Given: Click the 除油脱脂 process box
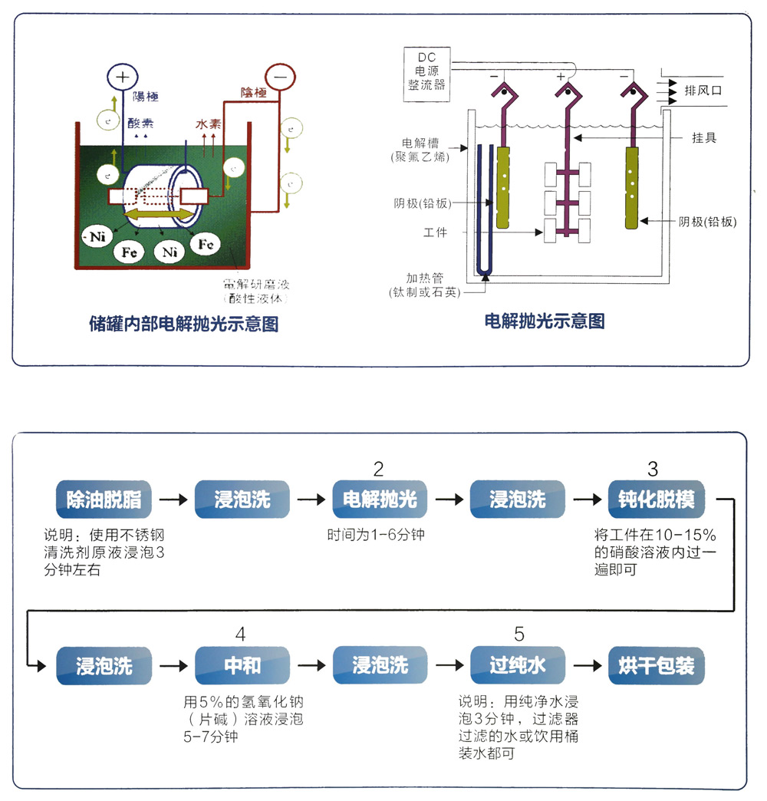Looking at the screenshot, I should [x=104, y=499].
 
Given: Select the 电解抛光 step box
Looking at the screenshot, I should [x=380, y=499].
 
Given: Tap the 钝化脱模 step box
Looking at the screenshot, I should [x=656, y=499].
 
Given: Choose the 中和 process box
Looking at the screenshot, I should [x=242, y=665].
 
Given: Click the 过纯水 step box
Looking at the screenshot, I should [x=518, y=665].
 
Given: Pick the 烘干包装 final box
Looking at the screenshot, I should [x=656, y=665].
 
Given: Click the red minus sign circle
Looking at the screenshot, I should [x=280, y=77].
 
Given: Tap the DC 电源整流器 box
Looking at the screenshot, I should [x=426, y=75].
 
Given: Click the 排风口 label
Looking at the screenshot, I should [x=703, y=91].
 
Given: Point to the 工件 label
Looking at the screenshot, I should [x=435, y=232].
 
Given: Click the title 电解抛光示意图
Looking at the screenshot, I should [x=545, y=321].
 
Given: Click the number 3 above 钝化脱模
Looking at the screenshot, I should [x=653, y=469].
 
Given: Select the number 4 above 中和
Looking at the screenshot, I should [x=241, y=635].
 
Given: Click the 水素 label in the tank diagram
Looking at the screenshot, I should [x=209, y=122].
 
